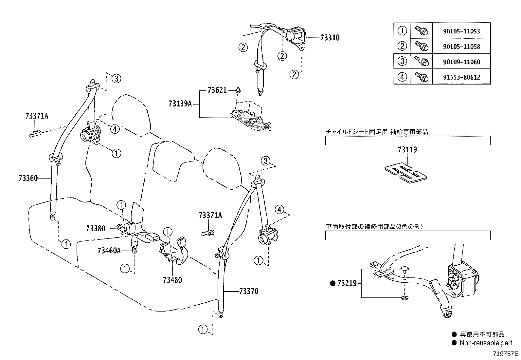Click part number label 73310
[330, 38]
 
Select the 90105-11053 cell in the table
[461, 31]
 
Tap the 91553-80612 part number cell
[461, 77]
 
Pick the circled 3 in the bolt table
[402, 62]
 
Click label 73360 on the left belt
[28, 178]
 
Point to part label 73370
[249, 291]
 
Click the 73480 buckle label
[172, 280]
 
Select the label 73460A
[109, 251]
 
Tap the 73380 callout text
[96, 228]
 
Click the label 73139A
[180, 104]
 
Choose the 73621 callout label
[217, 90]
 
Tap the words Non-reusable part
[486, 343]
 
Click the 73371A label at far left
[37, 116]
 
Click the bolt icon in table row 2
[422, 46]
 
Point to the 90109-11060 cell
[461, 62]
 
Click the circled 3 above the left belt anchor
[116, 78]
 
